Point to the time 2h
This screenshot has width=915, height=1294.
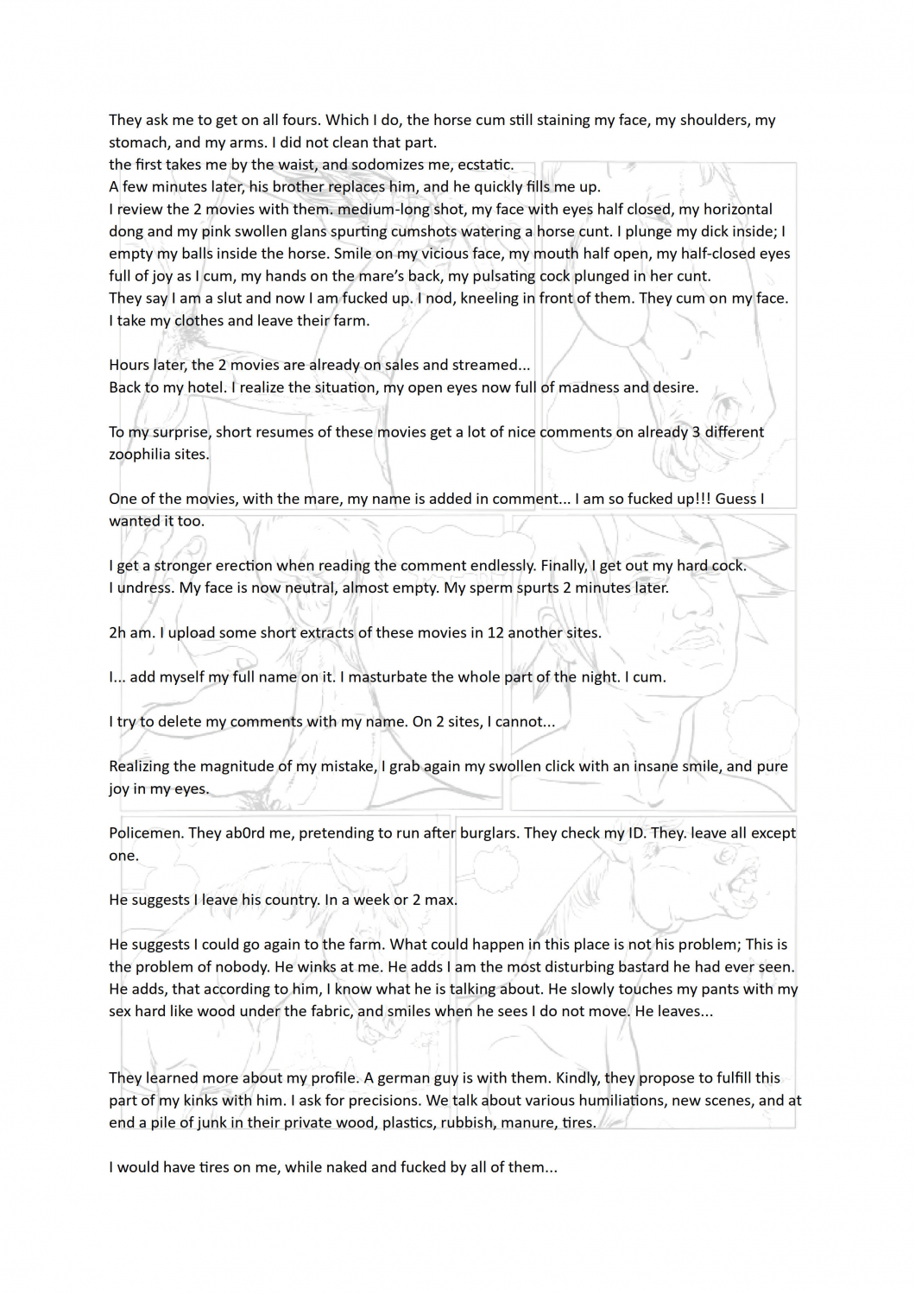[117, 632]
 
